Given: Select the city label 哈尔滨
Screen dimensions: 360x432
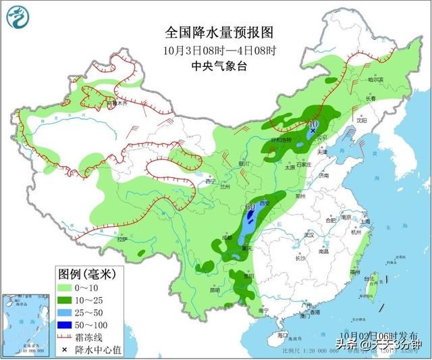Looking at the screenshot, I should [375, 79].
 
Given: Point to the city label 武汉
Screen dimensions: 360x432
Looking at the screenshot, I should [310, 234].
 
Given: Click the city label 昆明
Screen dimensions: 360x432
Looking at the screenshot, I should [215, 290].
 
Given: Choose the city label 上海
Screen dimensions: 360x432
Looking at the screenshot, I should [364, 221].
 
